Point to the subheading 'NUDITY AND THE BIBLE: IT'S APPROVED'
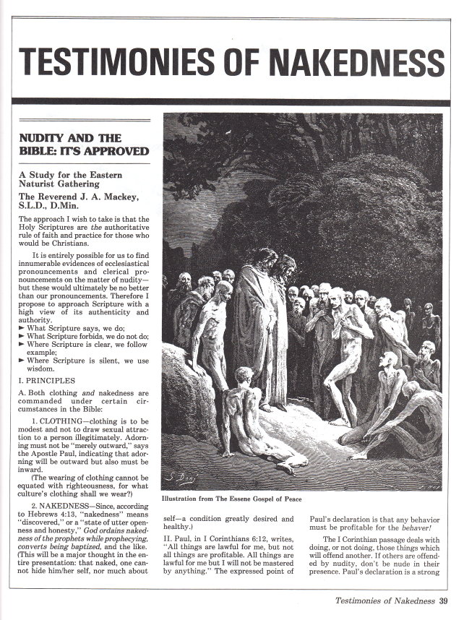pyautogui.click(x=83, y=144)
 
